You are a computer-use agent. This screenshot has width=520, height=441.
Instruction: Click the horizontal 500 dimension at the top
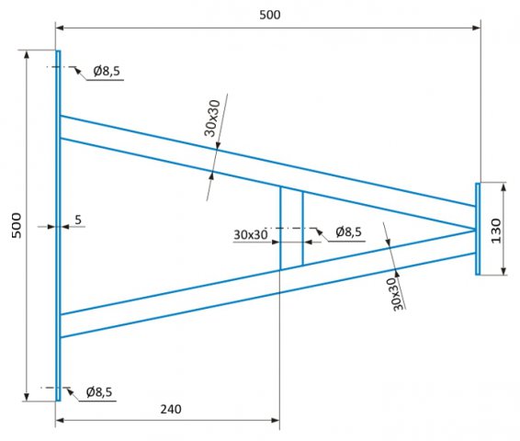tap(269, 15)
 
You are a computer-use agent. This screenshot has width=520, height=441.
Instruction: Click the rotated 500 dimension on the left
tap(17, 225)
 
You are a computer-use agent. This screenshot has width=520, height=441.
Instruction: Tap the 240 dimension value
tap(171, 409)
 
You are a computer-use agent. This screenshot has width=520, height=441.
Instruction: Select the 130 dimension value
tap(496, 231)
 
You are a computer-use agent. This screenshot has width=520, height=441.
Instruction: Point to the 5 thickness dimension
tap(78, 220)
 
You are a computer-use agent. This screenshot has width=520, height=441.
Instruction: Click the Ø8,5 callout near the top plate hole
tap(107, 71)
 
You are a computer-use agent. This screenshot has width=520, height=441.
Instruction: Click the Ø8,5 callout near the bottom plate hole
tap(99, 392)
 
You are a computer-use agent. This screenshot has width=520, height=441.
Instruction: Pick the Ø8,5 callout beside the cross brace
tap(348, 232)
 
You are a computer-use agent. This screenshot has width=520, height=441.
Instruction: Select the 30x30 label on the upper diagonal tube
tap(212, 118)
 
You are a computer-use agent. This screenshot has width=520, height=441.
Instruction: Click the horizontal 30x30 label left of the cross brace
tap(251, 235)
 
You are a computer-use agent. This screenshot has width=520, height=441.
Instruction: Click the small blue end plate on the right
tap(478, 229)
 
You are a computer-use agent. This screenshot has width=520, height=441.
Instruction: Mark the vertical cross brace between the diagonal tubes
tap(291, 228)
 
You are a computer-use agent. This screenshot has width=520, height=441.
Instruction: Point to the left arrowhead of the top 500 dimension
tap(60, 28)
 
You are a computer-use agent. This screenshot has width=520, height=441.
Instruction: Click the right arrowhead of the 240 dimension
tap(276, 421)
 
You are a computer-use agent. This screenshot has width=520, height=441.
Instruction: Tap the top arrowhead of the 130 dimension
tap(503, 187)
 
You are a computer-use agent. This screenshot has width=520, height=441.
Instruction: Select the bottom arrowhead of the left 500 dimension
tap(27, 397)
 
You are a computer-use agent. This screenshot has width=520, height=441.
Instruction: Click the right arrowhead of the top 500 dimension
tap(477, 28)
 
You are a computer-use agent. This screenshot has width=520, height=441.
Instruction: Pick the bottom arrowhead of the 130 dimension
tap(503, 270)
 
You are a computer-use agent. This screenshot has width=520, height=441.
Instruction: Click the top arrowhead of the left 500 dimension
tap(27, 55)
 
